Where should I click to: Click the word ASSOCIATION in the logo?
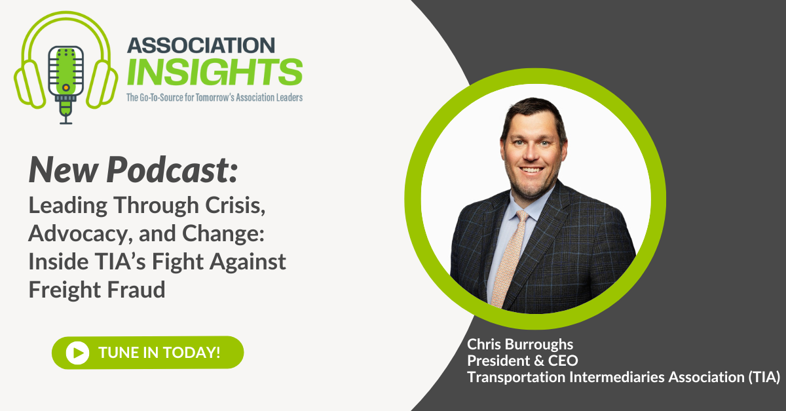pyautogui.click(x=200, y=45)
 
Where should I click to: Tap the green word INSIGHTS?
pyautogui.click(x=215, y=71)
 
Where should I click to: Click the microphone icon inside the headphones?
pyautogui.click(x=65, y=70)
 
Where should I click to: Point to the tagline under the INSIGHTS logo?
pyautogui.click(x=215, y=98)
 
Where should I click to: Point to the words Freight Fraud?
pyautogui.click(x=96, y=289)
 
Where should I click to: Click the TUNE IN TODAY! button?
pyautogui.click(x=148, y=352)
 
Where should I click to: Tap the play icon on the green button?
pyautogui.click(x=77, y=353)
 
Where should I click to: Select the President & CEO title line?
pyautogui.click(x=522, y=361)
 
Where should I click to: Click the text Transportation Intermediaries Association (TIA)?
pyautogui.click(x=623, y=377)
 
